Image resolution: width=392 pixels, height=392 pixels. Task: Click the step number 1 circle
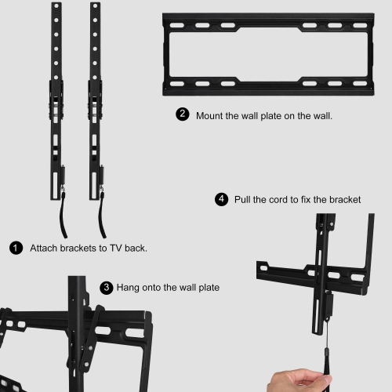pos(16,248)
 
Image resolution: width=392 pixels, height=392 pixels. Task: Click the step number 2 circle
pos(183,114)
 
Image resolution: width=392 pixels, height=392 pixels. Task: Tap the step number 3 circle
pos(107,288)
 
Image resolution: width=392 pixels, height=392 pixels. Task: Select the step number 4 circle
pos(221,200)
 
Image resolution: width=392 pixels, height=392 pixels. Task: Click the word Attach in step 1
pos(44,248)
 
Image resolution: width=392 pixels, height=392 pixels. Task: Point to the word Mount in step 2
pos(211,115)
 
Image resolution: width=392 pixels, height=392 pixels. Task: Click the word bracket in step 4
pos(343,200)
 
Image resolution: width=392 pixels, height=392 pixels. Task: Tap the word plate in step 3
pos(206,288)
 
